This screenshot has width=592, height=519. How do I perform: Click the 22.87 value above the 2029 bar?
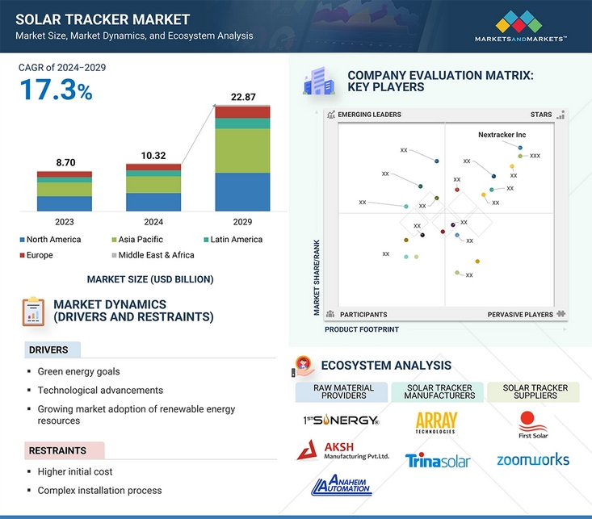tap(243, 97)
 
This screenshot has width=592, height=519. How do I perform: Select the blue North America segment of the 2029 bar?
tap(242, 192)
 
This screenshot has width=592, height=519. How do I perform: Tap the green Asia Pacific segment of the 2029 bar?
tap(242, 151)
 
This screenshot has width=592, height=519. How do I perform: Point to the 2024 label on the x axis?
tap(153, 222)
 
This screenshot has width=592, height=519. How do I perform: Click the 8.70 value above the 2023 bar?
tap(65, 163)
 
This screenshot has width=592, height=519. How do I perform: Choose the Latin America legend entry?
tap(233, 239)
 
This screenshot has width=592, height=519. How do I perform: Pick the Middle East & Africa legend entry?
tap(153, 255)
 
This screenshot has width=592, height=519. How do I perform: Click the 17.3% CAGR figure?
tap(56, 90)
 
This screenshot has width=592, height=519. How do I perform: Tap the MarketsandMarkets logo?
tap(520, 26)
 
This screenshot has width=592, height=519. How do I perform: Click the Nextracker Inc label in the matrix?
tap(502, 135)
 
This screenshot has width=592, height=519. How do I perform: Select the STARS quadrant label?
tap(540, 115)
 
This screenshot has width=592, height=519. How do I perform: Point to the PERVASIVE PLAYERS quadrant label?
tap(520, 315)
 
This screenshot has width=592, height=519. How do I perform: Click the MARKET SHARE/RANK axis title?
tap(317, 278)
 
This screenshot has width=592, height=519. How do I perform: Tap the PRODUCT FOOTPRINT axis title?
tap(362, 329)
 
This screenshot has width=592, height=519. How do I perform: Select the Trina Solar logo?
tap(438, 461)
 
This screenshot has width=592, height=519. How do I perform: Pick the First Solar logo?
tap(533, 425)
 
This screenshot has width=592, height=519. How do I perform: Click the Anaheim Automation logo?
tap(342, 484)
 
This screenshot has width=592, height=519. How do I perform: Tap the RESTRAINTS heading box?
tap(65, 450)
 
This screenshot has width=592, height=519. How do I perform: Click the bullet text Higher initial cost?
tap(75, 472)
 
